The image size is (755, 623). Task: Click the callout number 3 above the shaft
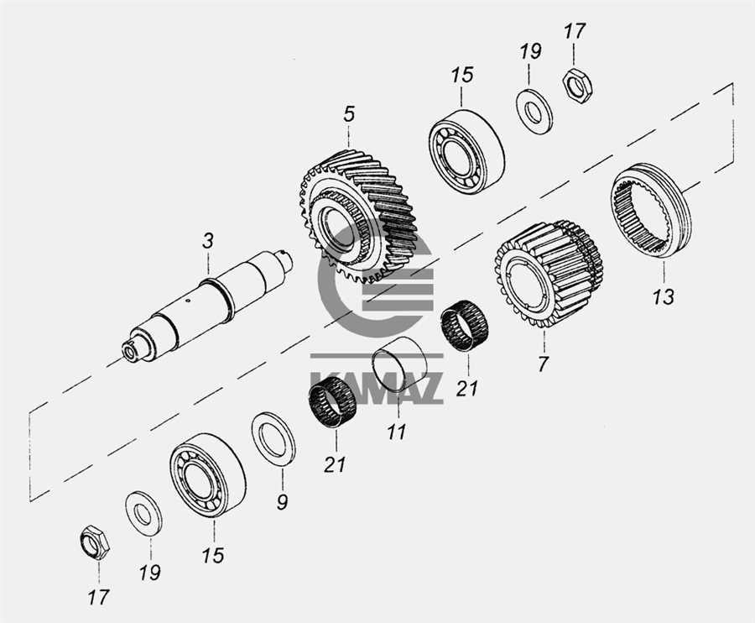[x=207, y=241]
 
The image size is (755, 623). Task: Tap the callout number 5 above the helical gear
[x=349, y=115]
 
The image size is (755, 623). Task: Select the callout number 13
[x=664, y=296]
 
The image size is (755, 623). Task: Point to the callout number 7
[x=544, y=364]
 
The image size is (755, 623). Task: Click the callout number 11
[x=397, y=432]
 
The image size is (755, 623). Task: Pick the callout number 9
[x=282, y=501]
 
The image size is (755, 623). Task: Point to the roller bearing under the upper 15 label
[x=466, y=152]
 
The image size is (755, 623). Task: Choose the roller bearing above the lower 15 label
[x=207, y=475]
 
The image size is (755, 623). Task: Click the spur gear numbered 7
[x=549, y=275]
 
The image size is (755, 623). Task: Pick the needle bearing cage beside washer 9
[x=332, y=406]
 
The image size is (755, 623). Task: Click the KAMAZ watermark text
[x=377, y=387]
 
